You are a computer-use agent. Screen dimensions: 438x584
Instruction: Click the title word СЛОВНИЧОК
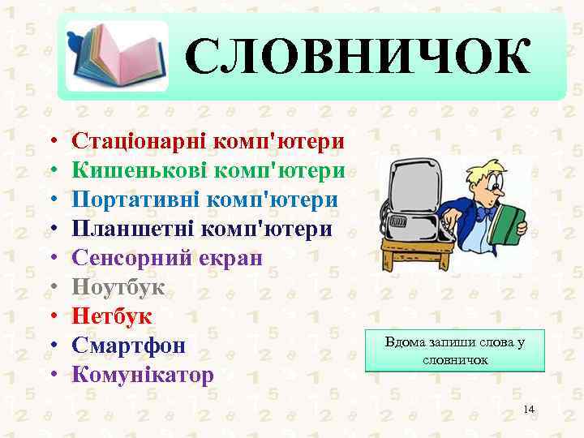pyautogui.click(x=358, y=58)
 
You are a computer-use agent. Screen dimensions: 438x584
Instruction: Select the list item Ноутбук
pyautogui.click(x=118, y=287)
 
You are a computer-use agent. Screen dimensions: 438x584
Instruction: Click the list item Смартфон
pyautogui.click(x=129, y=346)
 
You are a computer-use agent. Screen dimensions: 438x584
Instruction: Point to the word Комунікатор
pyautogui.click(x=143, y=375)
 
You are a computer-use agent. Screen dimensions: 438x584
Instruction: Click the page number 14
pyautogui.click(x=529, y=409)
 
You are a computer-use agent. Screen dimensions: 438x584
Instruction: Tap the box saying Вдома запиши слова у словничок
pyautogui.click(x=455, y=350)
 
